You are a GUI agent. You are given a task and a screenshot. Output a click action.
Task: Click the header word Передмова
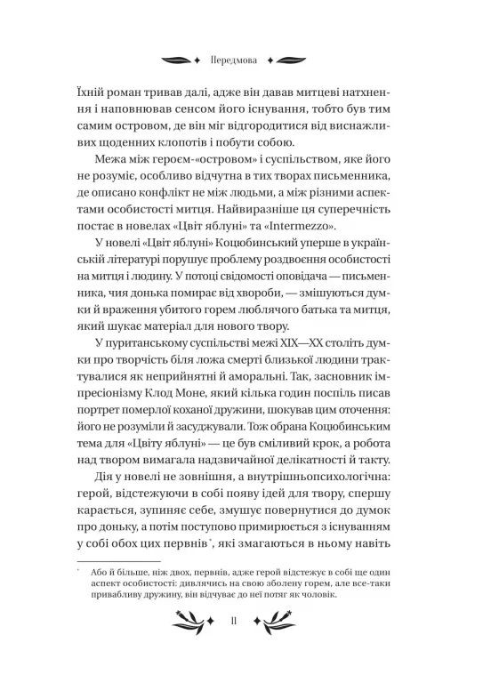pyautogui.click(x=245, y=63)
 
